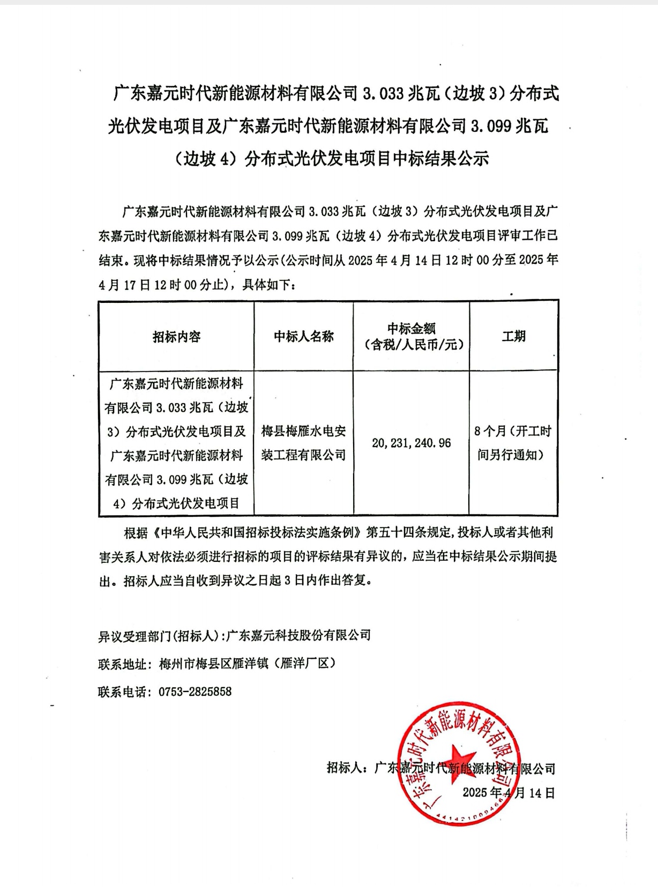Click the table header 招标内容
pyautogui.click(x=176, y=337)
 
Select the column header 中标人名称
pyautogui.click(x=303, y=336)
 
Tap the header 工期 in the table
pyautogui.click(x=513, y=336)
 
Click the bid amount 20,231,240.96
pyautogui.click(x=411, y=443)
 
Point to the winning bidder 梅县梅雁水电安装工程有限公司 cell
pyautogui.click(x=303, y=443)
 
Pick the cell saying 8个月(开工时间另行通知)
pyautogui.click(x=513, y=443)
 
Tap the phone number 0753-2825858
pyautogui.click(x=195, y=692)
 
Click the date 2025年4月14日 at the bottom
pyautogui.click(x=509, y=793)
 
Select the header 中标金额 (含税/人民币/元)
pyautogui.click(x=411, y=336)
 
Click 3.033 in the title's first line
pyautogui.click(x=383, y=94)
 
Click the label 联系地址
pyautogui.click(x=122, y=664)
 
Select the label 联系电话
pyautogui.click(x=122, y=692)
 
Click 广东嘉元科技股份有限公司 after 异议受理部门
pyautogui.click(x=299, y=635)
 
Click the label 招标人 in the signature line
pyautogui.click(x=344, y=768)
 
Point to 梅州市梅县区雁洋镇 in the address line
pyautogui.click(x=214, y=664)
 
